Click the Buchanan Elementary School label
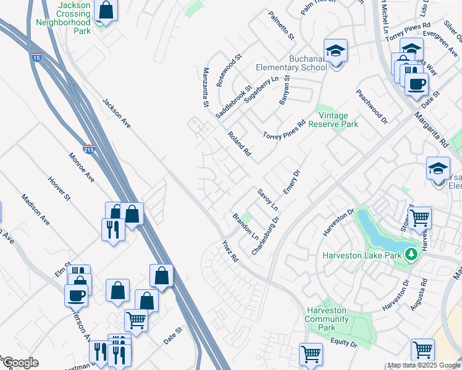[x=292, y=63]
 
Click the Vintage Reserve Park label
[x=337, y=120]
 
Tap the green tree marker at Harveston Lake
[x=411, y=253]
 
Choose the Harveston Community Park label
[x=327, y=319]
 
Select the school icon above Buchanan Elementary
[x=335, y=51]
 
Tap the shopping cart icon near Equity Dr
[x=311, y=353]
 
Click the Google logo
[x=20, y=363]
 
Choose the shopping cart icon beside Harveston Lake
[x=419, y=217]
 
